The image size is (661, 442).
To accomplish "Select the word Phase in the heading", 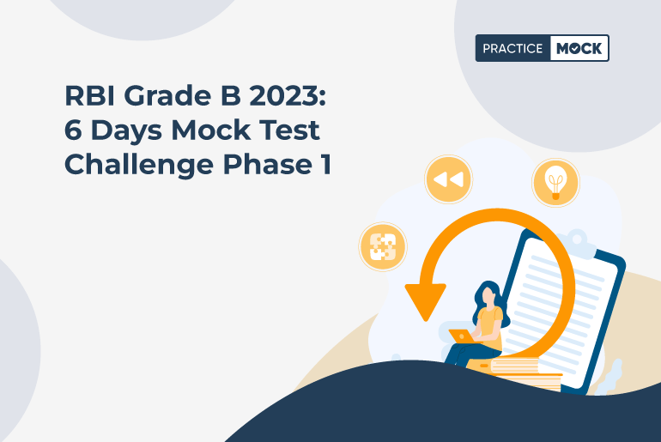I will point(257,164).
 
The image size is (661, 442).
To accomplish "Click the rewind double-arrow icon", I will point(447,179).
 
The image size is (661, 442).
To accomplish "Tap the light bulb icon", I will point(555,182).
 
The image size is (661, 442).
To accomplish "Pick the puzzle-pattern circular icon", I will point(382,246).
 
